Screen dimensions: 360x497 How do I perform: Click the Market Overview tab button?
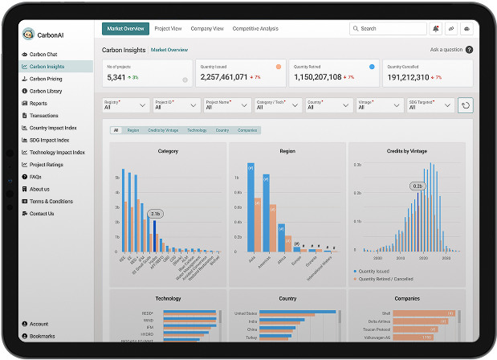(x=126, y=29)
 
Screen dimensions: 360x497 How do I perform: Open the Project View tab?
(x=169, y=29)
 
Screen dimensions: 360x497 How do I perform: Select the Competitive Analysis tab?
(x=255, y=29)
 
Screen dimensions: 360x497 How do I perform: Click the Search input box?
(x=388, y=29)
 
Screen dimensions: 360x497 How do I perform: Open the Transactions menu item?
(x=44, y=115)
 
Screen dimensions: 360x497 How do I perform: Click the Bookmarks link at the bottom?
(x=43, y=336)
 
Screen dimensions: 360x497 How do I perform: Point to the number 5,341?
(x=116, y=77)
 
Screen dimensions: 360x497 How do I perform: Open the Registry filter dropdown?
(x=126, y=104)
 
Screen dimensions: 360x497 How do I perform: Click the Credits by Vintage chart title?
(x=406, y=151)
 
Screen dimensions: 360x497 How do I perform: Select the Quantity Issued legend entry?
(x=377, y=271)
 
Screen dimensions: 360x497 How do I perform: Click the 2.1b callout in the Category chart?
(x=155, y=214)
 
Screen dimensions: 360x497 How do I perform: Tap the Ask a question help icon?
(x=469, y=50)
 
